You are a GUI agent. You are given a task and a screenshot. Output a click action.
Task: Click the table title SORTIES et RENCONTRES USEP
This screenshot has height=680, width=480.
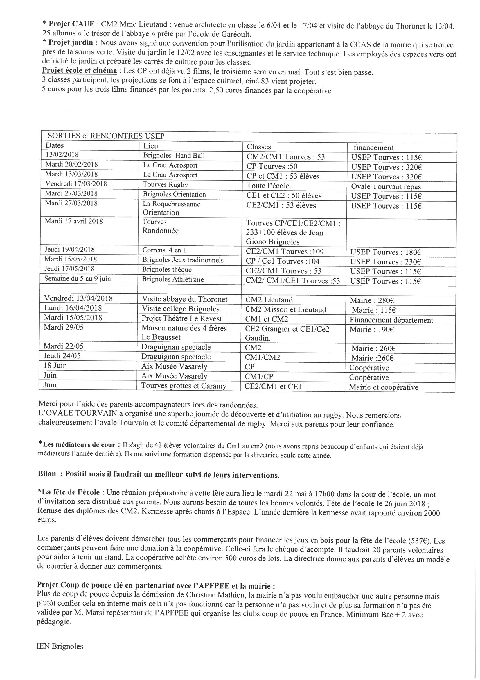[x=106, y=136]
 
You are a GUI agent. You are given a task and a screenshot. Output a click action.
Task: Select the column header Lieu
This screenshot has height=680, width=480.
[x=151, y=146]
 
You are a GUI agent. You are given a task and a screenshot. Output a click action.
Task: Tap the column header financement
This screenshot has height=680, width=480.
[x=374, y=147]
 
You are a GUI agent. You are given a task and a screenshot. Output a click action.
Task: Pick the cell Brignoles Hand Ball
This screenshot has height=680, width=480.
[x=174, y=156]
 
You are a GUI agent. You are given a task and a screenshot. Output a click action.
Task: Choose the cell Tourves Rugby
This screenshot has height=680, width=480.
[x=165, y=184]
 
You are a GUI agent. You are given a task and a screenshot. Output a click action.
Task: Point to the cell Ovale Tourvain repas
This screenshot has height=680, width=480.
[x=386, y=187]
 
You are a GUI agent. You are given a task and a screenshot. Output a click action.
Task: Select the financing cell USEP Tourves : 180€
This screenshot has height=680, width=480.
[x=386, y=252]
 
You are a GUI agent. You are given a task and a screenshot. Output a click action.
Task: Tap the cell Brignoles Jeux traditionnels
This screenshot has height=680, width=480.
[x=183, y=260]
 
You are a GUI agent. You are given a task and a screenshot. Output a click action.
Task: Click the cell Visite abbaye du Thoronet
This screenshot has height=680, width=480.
[x=185, y=299]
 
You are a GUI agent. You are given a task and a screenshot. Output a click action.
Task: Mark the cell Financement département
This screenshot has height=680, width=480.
[x=391, y=320]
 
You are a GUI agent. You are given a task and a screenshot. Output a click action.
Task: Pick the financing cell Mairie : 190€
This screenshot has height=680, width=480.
[x=371, y=330]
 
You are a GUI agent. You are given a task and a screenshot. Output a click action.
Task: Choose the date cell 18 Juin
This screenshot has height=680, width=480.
[x=55, y=366]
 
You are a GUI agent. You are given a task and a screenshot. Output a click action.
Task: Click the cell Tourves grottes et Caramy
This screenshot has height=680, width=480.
[x=184, y=386]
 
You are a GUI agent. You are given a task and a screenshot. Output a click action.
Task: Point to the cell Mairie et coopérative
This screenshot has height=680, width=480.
[x=384, y=387]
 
